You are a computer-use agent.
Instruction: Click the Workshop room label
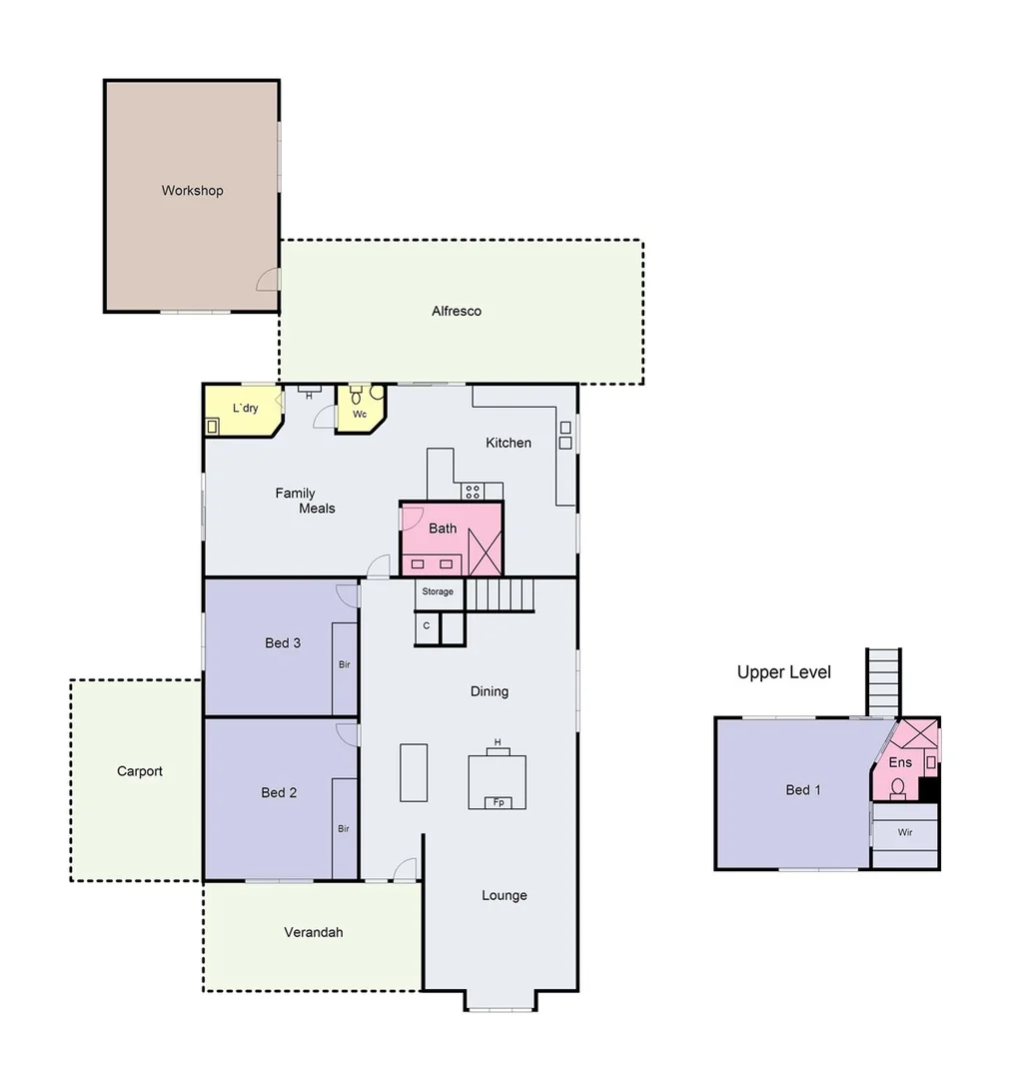[192, 191]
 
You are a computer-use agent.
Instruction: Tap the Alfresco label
[457, 311]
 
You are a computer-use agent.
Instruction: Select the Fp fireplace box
[497, 802]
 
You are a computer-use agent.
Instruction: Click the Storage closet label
[438, 592]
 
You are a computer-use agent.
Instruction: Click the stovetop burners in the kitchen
[472, 491]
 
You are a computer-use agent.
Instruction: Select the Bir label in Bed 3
[344, 664]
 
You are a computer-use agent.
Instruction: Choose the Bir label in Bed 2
[344, 829]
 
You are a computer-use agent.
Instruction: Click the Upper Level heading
[783, 672]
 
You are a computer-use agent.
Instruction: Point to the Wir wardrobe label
[905, 831]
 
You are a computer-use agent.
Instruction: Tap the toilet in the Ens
[898, 788]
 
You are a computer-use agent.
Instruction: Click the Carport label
[139, 771]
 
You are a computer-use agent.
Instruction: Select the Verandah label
[313, 932]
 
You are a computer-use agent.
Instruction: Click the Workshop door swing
[268, 281]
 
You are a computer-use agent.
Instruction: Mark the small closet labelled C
[427, 626]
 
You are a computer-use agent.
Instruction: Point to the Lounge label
[504, 895]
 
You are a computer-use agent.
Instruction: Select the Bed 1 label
[802, 790]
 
